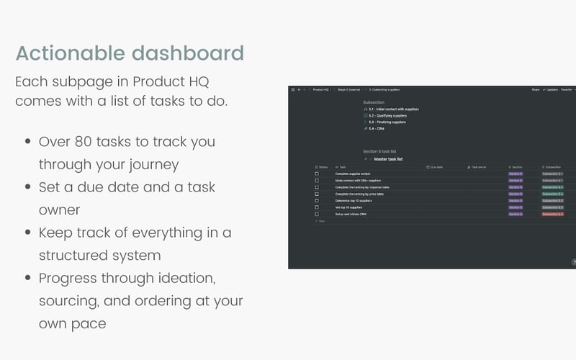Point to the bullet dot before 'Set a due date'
[27, 188]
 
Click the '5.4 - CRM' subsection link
[376, 128]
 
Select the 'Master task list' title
[388, 159]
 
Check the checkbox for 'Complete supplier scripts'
[317, 174]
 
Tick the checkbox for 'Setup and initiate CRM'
[317, 214]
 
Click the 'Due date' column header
[436, 166]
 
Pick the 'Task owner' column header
[479, 166]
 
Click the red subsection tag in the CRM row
[552, 214]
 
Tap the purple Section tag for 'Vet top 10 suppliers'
[516, 207]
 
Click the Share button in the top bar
[536, 90]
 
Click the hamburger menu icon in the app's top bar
[293, 90]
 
